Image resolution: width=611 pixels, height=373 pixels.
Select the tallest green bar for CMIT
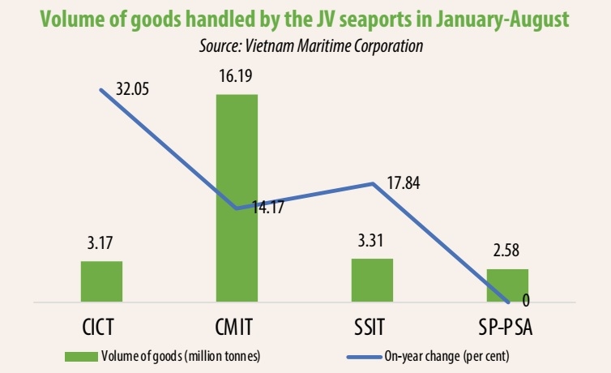pyautogui.click(x=237, y=199)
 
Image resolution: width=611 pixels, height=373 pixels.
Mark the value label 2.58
pyautogui.click(x=507, y=253)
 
